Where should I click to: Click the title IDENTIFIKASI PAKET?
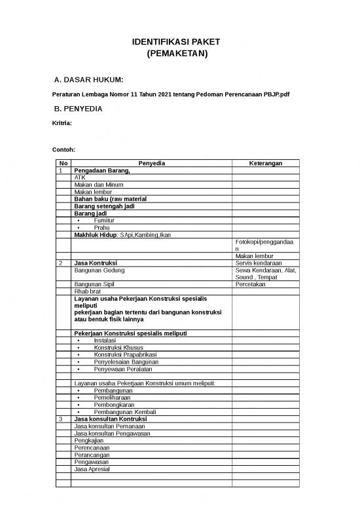[x=176, y=41]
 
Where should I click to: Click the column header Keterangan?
[x=265, y=163]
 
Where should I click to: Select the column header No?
[x=63, y=163]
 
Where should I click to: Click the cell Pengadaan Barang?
[x=102, y=170]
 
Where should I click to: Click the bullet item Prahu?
[x=102, y=227]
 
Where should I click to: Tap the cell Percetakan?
[x=250, y=285]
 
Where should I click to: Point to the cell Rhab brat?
[x=87, y=292]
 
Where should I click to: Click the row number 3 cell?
[x=61, y=419]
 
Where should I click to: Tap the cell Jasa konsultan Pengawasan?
[x=112, y=433]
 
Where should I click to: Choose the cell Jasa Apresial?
[x=92, y=469]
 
